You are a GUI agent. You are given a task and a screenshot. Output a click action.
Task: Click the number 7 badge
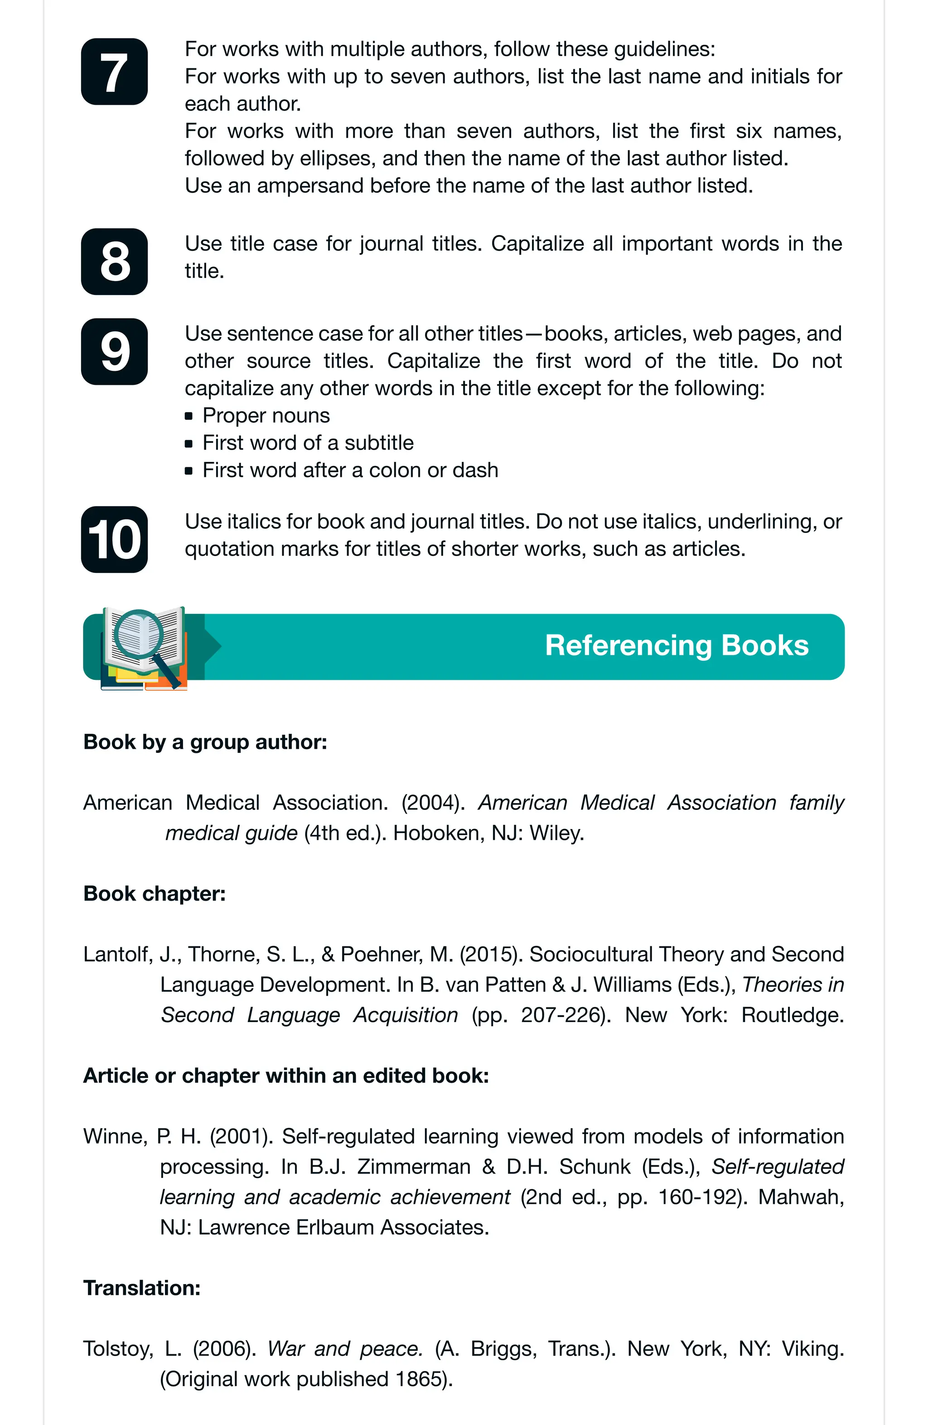pos(114,72)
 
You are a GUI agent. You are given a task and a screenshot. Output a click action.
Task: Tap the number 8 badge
pos(114,262)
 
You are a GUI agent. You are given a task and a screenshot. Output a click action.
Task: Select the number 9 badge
pos(114,351)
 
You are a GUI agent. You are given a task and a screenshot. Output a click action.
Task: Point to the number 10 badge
pos(114,539)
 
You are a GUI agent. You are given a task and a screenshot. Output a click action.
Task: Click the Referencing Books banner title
pos(677,646)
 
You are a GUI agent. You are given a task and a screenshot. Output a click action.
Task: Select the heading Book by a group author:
pos(205,742)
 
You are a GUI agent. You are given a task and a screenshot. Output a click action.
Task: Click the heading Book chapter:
pos(155,893)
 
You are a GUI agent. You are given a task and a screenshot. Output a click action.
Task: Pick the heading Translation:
pos(142,1288)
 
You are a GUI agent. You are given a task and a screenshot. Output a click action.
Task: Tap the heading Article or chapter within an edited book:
pos(286,1076)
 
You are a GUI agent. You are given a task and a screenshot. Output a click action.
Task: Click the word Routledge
pos(792,1015)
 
